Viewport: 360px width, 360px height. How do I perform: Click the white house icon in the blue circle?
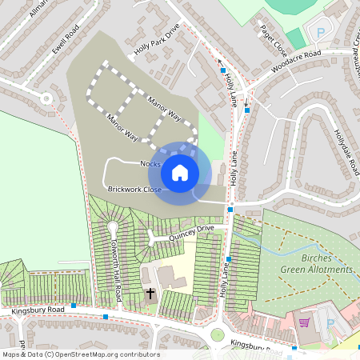(180, 172)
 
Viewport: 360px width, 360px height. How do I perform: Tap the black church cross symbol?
(150, 294)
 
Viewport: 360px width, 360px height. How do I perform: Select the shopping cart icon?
(304, 322)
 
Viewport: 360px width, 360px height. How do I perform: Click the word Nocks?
(150, 164)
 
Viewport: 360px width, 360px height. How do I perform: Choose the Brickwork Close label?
(134, 190)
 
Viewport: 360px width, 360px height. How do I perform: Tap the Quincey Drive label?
(193, 230)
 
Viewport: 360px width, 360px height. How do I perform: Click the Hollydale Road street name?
(347, 152)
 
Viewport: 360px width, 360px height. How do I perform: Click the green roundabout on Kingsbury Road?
(217, 334)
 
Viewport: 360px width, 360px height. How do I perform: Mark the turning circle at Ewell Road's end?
(46, 99)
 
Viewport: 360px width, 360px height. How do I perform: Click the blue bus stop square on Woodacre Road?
(247, 110)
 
